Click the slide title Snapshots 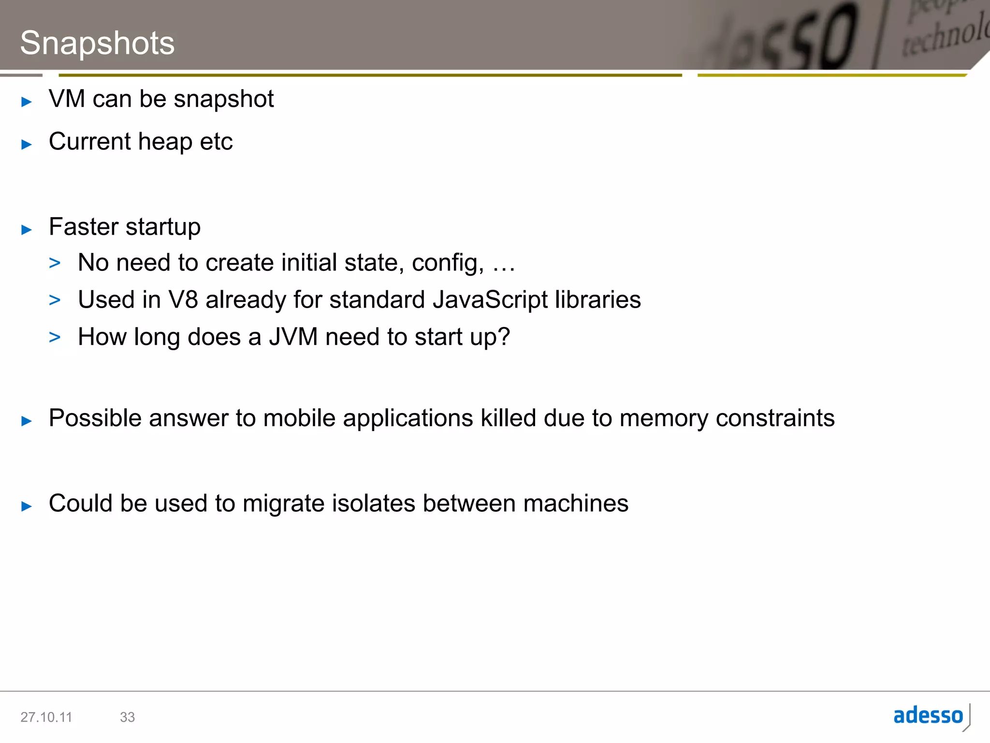(97, 44)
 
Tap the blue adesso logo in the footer (928, 716)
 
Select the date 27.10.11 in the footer (46, 717)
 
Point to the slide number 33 (127, 717)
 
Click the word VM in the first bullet (67, 99)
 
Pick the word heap (165, 142)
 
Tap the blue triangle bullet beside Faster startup (27, 229)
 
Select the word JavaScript (490, 299)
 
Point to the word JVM (293, 337)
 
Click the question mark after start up (504, 337)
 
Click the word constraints (775, 418)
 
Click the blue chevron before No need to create (55, 263)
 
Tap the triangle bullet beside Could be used (27, 506)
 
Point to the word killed (508, 418)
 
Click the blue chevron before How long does (55, 337)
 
